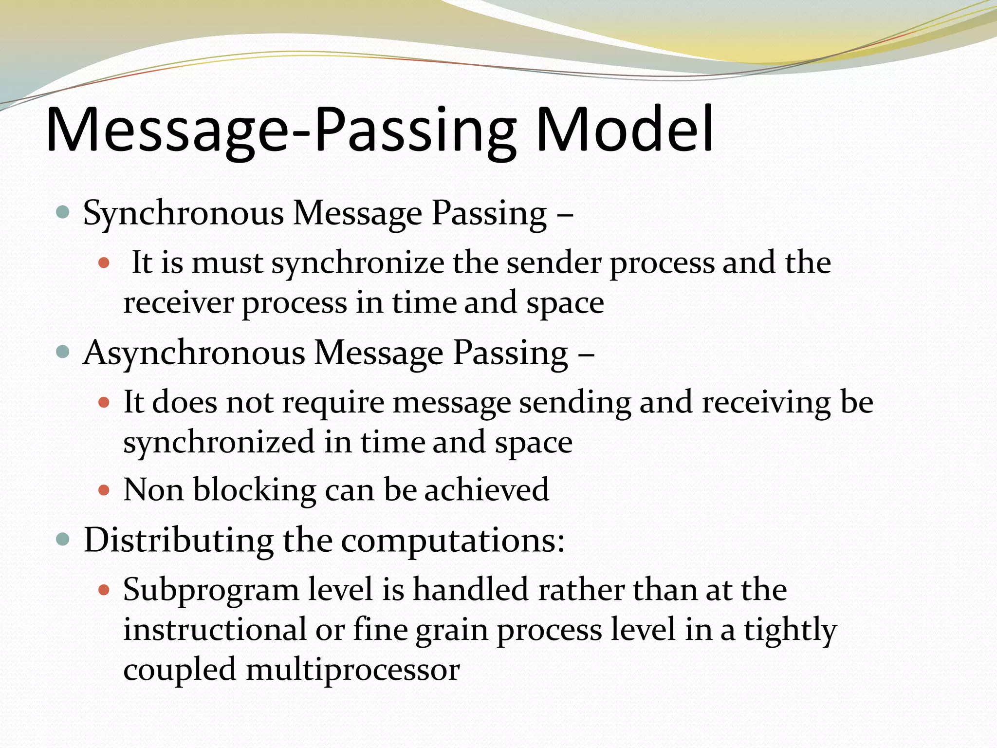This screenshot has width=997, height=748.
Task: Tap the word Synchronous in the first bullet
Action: click(183, 214)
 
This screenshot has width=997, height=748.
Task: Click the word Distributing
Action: click(178, 541)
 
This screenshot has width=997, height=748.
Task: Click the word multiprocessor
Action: click(352, 670)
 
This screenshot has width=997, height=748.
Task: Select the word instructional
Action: click(215, 629)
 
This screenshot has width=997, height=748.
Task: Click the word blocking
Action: click(255, 490)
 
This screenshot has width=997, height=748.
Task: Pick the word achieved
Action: click(486, 490)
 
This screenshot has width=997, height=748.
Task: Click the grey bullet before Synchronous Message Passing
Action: click(63, 212)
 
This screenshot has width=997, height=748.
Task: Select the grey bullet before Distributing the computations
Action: click(63, 540)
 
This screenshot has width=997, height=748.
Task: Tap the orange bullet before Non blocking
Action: click(104, 489)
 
